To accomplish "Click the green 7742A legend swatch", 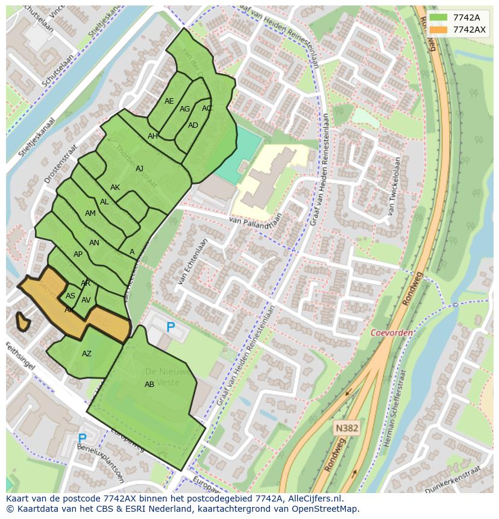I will [439, 17].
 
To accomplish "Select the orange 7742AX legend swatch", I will [439, 30].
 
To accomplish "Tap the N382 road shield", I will [347, 428].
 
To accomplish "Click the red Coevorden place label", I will [392, 333].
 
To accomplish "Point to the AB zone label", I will [149, 385].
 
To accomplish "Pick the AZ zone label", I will [87, 354].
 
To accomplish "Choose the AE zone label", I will [169, 101].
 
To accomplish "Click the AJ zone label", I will [140, 169].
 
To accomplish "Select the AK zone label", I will [115, 187].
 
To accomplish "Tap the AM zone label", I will [90, 213].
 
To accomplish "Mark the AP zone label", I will [78, 254].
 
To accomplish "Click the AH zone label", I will [152, 136].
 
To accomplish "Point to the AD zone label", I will [193, 125].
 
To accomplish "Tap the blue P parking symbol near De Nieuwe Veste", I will [171, 327].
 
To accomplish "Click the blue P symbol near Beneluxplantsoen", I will [83, 438].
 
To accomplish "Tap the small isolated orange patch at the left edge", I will [23, 321].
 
